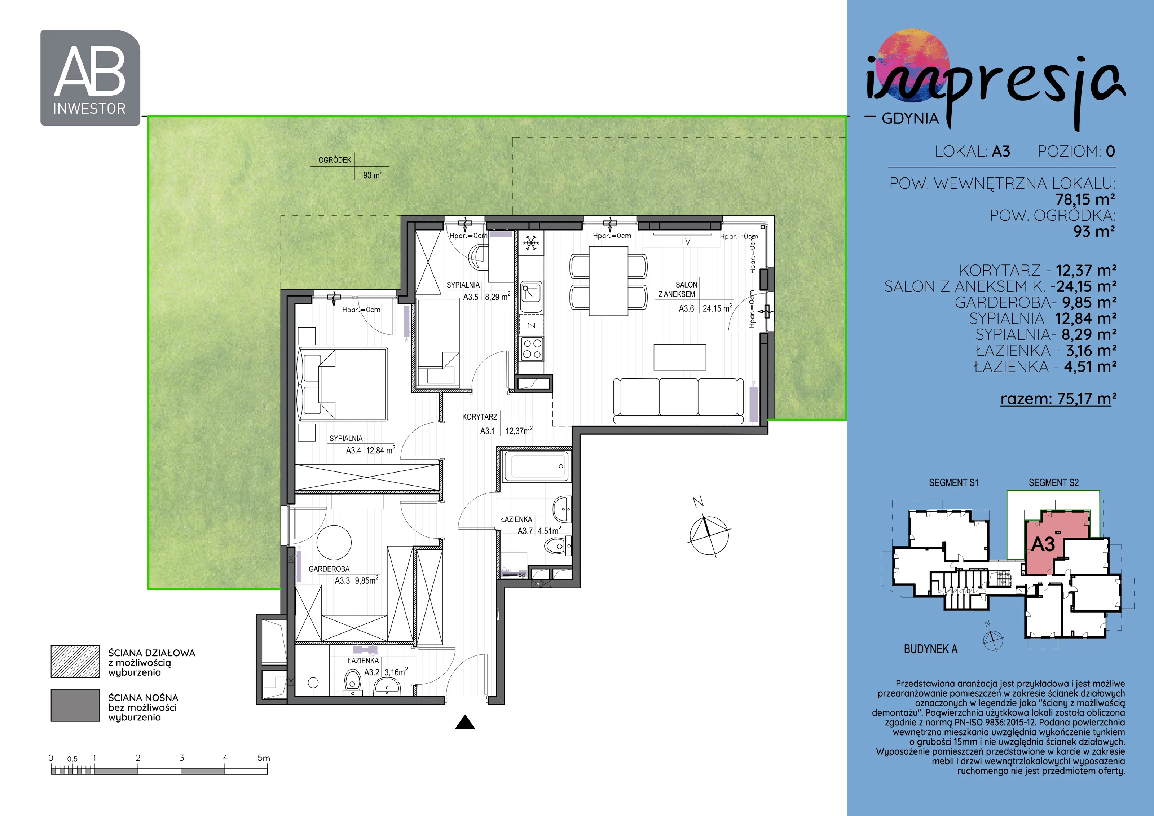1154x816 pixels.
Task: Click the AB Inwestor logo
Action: [x=90, y=78]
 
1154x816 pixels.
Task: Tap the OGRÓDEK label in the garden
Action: [x=335, y=160]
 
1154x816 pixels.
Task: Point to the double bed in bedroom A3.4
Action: [x=343, y=383]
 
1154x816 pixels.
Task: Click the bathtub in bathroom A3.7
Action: [x=536, y=466]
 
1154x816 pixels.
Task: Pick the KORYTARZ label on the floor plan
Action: [x=480, y=417]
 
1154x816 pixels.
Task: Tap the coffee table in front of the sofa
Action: [x=679, y=357]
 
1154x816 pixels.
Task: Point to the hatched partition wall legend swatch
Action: [x=75, y=662]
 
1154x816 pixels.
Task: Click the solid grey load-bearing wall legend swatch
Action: [x=75, y=705]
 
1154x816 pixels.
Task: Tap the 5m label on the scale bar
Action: [x=264, y=758]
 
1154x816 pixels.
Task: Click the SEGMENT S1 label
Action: [x=953, y=483]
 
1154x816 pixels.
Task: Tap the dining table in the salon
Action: [x=608, y=281]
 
